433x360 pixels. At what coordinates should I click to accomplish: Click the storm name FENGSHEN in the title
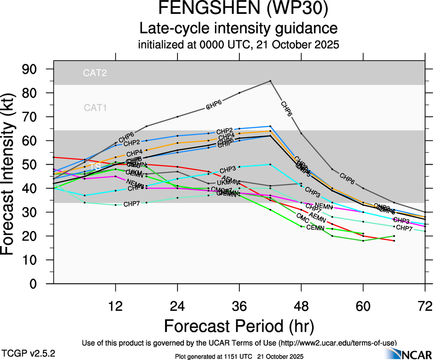click(196, 9)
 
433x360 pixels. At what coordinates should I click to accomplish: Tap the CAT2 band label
click(95, 73)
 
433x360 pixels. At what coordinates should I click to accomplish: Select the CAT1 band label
click(95, 108)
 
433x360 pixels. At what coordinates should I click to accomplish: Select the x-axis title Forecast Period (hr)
click(238, 326)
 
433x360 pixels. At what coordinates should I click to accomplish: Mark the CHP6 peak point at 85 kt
click(270, 81)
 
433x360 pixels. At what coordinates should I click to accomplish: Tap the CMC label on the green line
click(303, 216)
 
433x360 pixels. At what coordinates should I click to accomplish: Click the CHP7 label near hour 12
click(132, 204)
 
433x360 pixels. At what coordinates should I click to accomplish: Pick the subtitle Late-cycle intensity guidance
click(238, 29)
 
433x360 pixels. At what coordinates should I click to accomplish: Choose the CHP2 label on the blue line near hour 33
click(225, 131)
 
